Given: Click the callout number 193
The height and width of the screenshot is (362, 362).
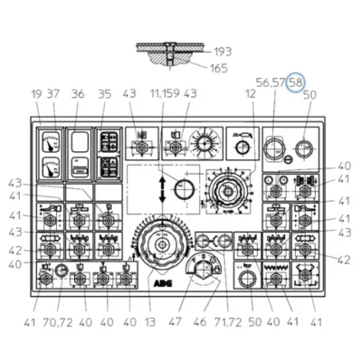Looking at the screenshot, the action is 223,52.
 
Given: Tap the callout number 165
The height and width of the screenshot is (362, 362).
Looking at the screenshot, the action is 219,68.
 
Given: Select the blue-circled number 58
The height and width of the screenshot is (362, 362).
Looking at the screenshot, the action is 296,82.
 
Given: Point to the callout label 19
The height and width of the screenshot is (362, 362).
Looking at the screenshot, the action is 36,94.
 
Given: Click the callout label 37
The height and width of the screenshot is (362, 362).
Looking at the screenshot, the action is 53,94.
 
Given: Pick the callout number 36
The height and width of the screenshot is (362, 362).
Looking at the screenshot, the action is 78,94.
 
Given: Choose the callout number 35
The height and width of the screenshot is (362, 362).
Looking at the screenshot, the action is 105,94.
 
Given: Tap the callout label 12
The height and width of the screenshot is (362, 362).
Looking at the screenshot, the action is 251,94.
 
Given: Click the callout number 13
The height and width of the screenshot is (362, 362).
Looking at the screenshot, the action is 149,322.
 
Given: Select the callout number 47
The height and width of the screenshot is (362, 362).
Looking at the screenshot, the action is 176,322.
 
